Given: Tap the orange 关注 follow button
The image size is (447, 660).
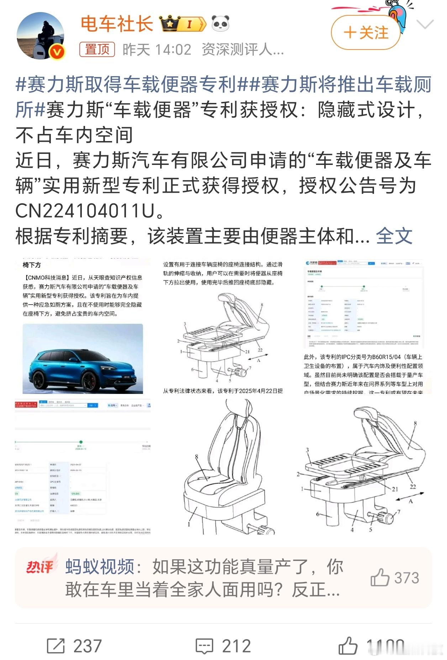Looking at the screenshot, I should [366, 33].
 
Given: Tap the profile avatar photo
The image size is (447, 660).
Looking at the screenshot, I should [41, 36].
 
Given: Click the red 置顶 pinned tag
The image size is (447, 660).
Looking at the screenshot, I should [97, 50].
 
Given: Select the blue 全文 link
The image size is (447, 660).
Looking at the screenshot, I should [394, 236].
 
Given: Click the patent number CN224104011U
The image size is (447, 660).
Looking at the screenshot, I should [85, 211].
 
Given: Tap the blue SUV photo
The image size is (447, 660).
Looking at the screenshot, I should [83, 359].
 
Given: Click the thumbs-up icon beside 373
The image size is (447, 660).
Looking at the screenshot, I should [380, 577].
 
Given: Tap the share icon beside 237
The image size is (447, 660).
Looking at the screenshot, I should [56, 646].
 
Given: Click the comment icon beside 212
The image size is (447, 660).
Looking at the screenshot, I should [205, 646].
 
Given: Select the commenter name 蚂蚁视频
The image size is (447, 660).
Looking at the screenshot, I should [100, 567].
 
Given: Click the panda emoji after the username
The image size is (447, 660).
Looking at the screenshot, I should [221, 24].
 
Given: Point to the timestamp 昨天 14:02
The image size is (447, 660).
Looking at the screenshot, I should [157, 50].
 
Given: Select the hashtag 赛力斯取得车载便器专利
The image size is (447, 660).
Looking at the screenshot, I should [126, 85].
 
